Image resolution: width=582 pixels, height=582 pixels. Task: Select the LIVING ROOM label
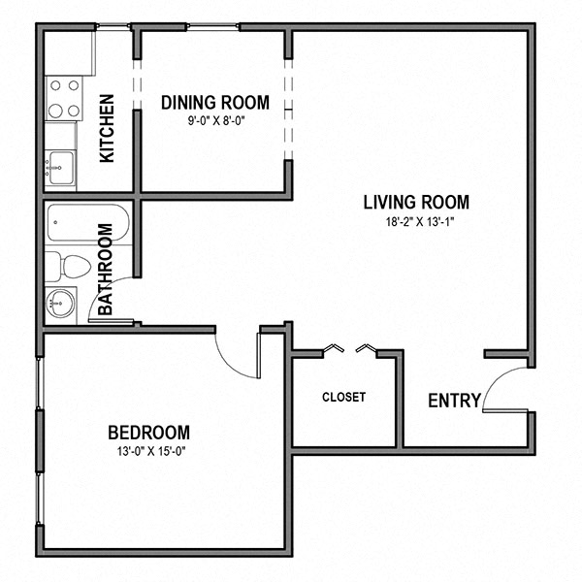[x=416, y=203]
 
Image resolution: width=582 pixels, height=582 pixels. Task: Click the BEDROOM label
[x=148, y=432]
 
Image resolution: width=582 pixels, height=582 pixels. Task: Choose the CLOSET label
[x=343, y=397]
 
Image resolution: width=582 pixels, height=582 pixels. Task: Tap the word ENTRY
[x=454, y=401]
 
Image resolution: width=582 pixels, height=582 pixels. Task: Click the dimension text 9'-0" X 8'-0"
[x=214, y=121]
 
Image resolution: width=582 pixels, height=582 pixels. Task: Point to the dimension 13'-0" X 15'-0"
[x=148, y=450]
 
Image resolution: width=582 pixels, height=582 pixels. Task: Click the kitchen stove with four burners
[x=63, y=97]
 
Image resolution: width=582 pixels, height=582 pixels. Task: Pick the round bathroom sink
[x=60, y=303]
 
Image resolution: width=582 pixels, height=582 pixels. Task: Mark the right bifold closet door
[x=368, y=348]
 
